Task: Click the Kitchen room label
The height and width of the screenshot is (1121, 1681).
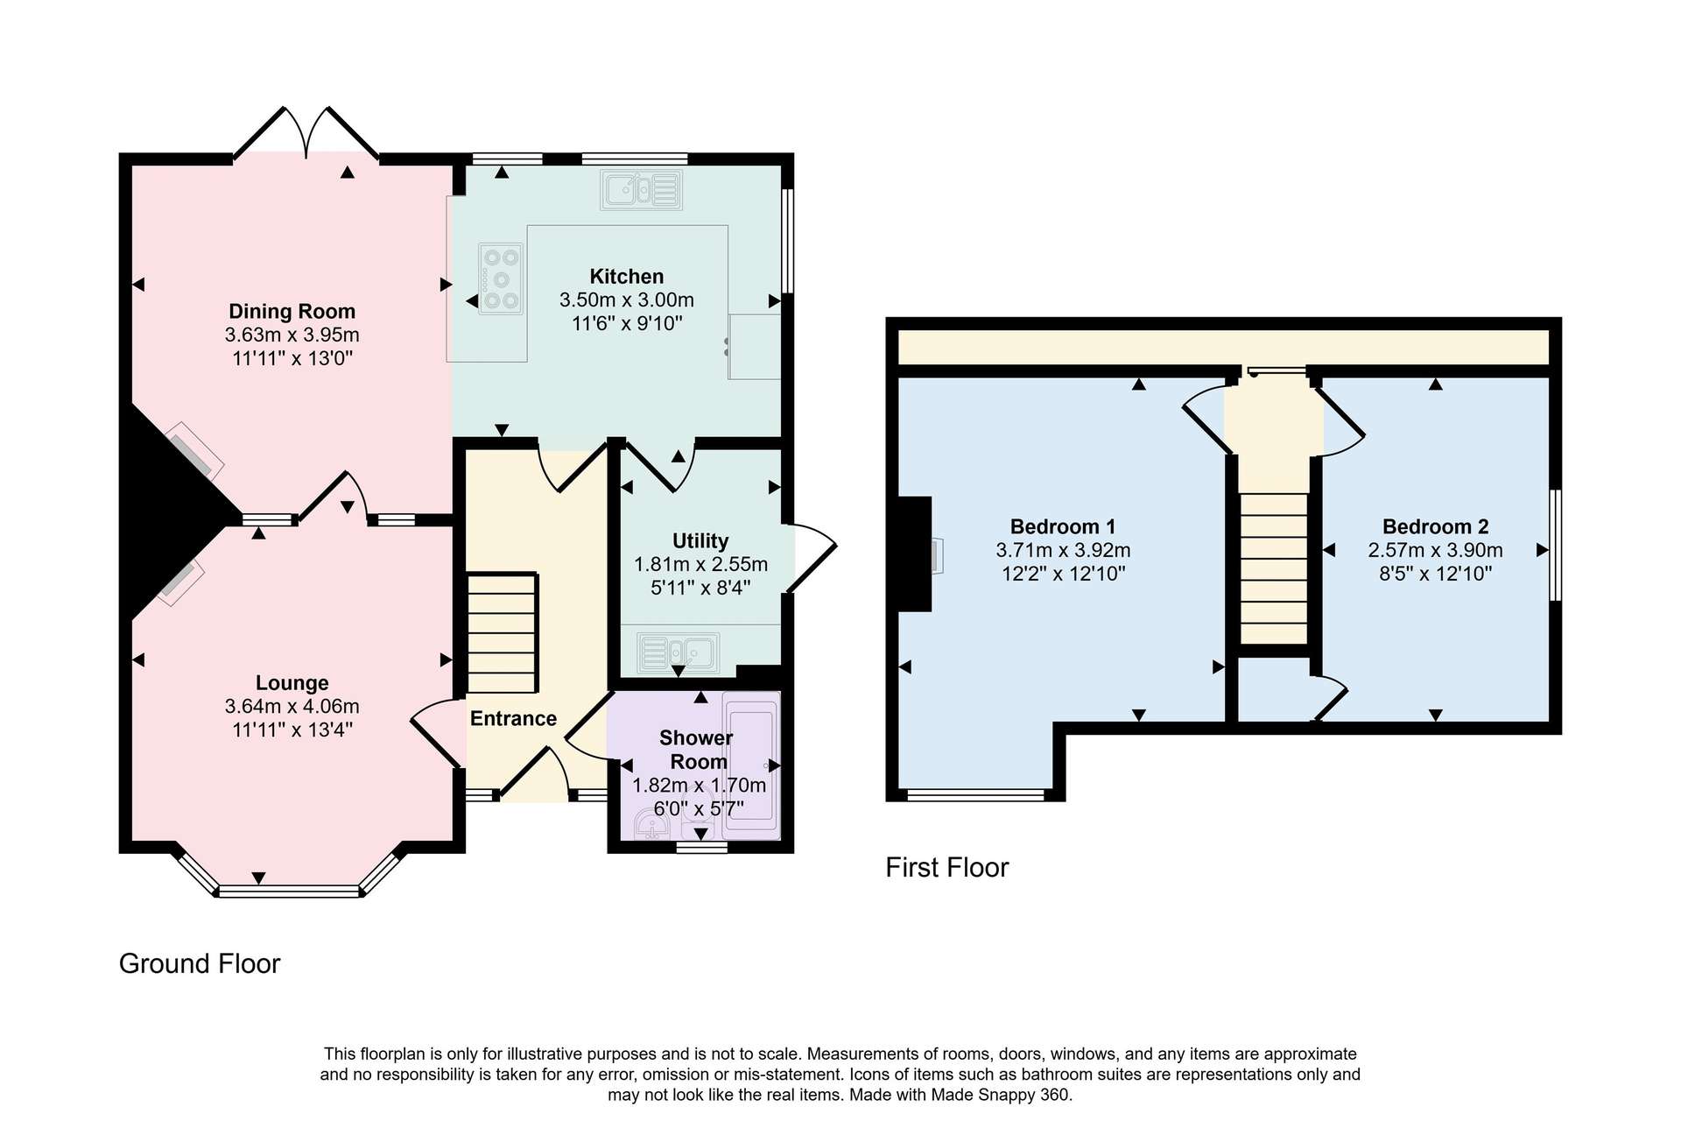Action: point(626,277)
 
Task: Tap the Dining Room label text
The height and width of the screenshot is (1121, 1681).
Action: point(292,311)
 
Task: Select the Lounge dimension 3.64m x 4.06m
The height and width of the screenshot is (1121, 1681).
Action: point(292,706)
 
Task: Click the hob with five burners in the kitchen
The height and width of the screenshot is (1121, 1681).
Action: point(501,278)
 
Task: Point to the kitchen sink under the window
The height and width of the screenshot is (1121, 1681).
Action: point(641,189)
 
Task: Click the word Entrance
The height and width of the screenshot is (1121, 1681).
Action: point(513,719)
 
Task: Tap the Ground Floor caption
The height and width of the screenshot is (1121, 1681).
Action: point(200,963)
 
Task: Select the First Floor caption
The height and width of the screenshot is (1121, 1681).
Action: point(947,867)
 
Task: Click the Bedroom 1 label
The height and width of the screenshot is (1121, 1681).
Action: point(1063,526)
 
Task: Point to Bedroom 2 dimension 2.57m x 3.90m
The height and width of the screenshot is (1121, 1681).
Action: point(1436,550)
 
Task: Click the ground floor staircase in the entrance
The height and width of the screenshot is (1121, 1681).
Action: point(502,633)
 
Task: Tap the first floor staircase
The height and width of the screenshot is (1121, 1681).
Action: point(1275,568)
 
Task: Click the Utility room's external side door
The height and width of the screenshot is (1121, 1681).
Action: point(812,558)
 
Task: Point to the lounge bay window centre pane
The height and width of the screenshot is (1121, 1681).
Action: point(289,892)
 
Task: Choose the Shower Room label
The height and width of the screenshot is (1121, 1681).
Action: point(697,750)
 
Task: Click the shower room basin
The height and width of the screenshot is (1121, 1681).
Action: point(651,824)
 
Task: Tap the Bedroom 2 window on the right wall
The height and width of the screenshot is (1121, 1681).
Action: point(1556,545)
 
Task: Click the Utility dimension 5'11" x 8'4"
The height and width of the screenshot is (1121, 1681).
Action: point(700,588)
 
